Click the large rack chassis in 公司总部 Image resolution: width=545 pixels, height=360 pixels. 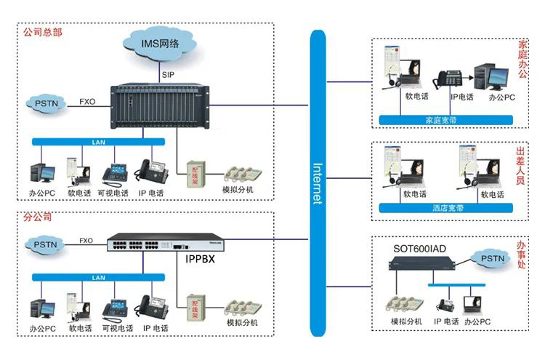click(x=160, y=106)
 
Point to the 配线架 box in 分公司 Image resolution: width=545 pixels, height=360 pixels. click(x=194, y=306)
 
